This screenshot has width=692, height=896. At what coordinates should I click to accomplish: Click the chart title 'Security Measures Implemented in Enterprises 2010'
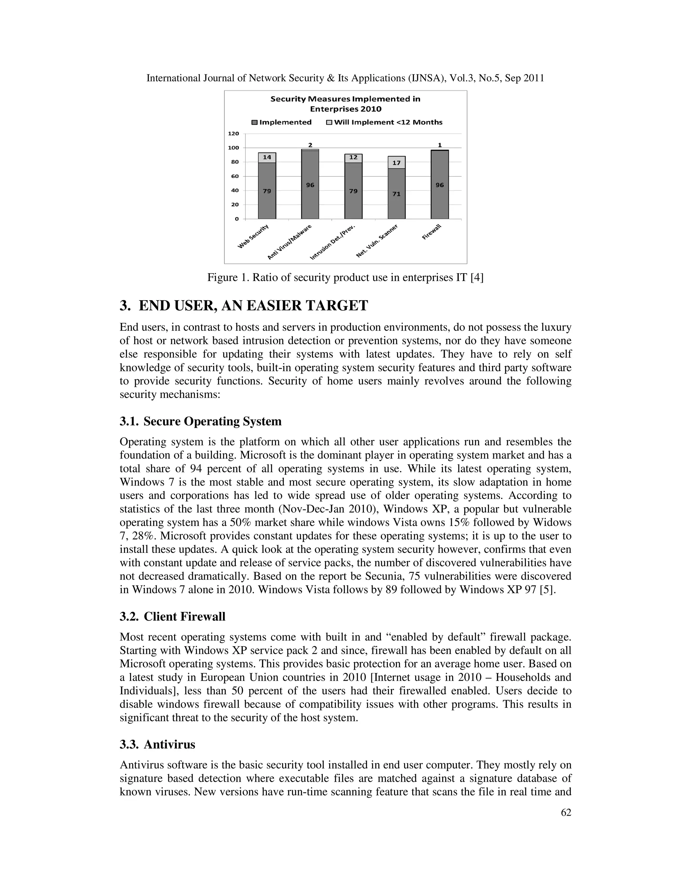point(345,104)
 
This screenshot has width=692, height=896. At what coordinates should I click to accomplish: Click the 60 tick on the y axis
point(234,176)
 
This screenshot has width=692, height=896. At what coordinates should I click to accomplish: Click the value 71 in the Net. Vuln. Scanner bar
point(396,194)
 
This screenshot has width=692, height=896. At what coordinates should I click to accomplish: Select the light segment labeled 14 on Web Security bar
point(267,157)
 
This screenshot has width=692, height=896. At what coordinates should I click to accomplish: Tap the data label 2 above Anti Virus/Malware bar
point(310,145)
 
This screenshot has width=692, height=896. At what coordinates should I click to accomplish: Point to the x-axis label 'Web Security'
point(253,237)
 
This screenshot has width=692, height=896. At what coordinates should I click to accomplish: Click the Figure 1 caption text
point(345,278)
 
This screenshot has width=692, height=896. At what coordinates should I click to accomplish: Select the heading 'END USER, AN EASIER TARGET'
point(253,306)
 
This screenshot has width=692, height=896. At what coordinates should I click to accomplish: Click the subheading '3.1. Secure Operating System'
point(200,421)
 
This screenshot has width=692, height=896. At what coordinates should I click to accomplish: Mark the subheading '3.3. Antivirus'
point(157,745)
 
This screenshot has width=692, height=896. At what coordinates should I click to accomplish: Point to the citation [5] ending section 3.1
point(547,590)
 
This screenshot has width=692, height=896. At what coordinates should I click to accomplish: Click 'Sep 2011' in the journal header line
point(524,78)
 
